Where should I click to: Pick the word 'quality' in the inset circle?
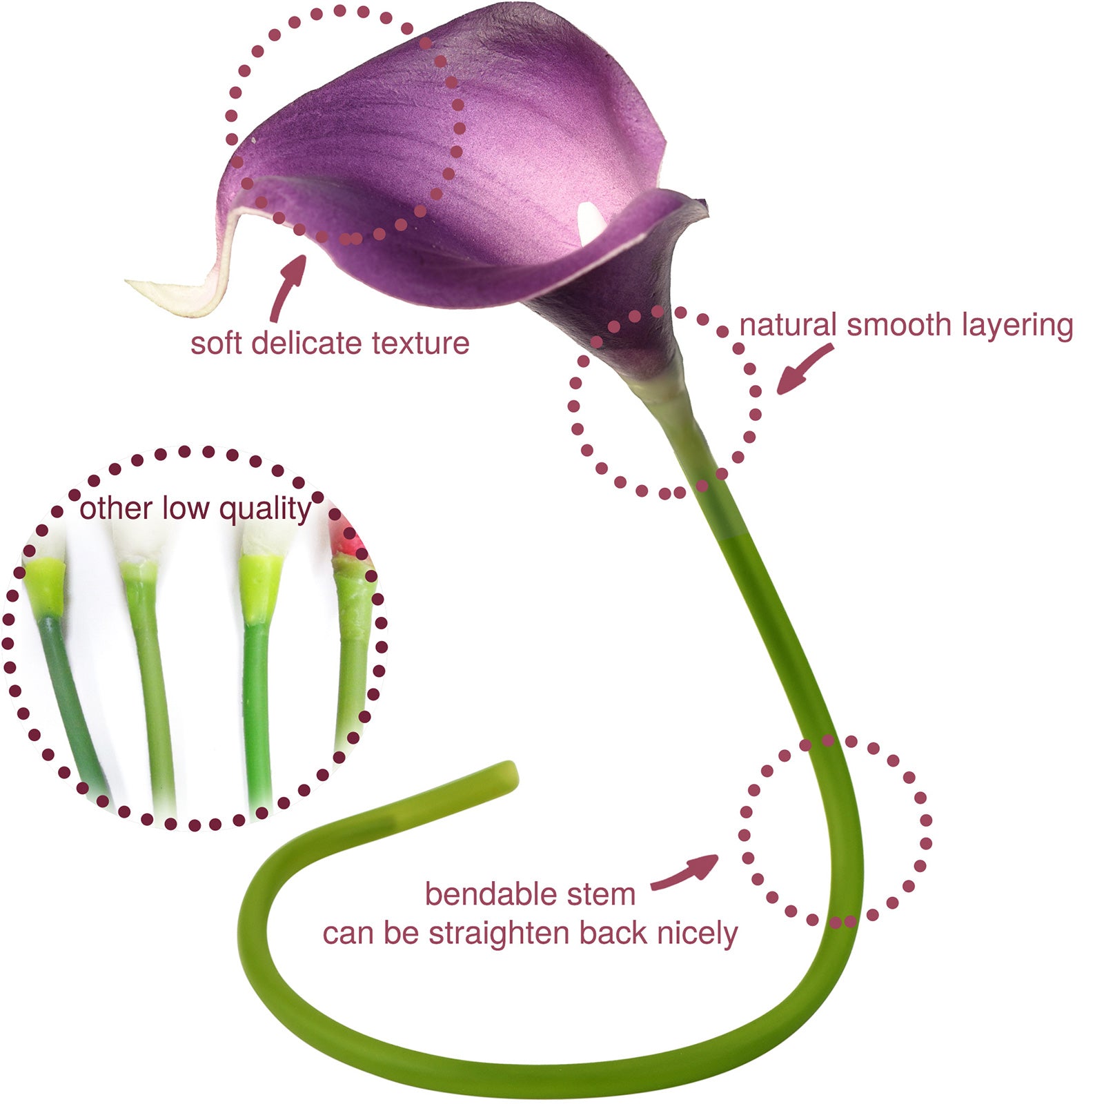point(266,510)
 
